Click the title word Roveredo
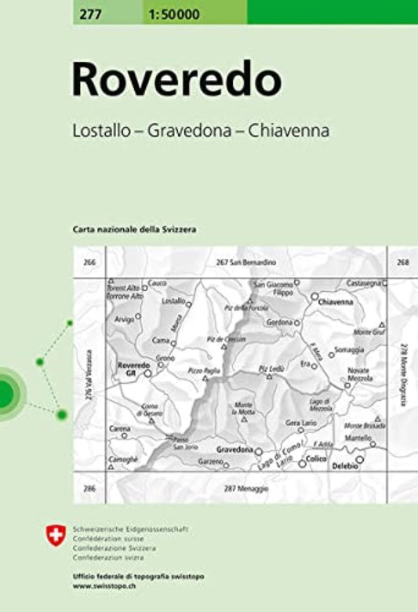[x=176, y=80]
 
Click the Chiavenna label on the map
[x=336, y=301]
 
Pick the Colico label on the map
[x=317, y=458]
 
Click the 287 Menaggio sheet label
[x=245, y=489]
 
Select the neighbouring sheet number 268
[x=402, y=262]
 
